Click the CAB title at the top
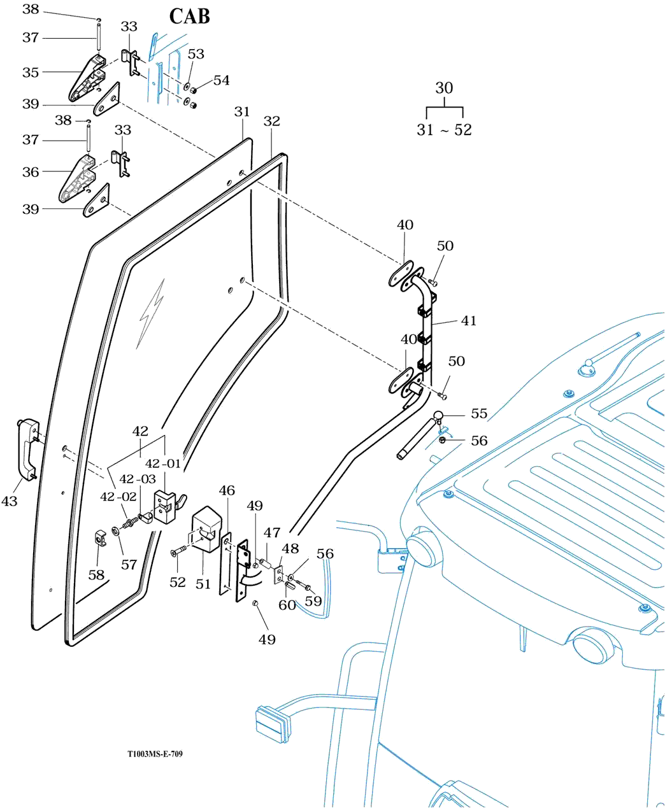189,16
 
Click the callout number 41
469,321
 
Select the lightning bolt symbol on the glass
151,312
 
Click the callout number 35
31,73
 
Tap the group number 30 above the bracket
444,88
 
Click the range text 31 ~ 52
444,130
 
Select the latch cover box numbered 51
205,528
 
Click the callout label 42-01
164,464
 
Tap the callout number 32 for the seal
272,121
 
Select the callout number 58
96,575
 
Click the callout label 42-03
138,479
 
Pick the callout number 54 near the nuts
221,80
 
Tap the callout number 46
227,490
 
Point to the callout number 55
479,414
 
